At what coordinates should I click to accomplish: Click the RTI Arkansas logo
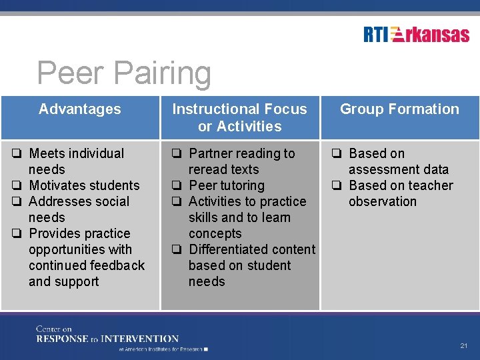click(x=416, y=35)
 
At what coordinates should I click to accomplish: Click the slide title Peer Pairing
click(x=124, y=73)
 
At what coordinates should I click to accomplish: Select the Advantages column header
click(x=80, y=109)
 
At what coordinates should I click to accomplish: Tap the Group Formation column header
click(x=399, y=109)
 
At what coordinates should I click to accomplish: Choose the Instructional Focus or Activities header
click(x=240, y=117)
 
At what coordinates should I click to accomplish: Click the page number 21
click(x=464, y=346)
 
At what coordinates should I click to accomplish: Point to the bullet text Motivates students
click(x=84, y=185)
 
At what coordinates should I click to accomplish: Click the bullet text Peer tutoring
click(x=227, y=185)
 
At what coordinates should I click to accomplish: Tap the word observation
click(x=382, y=201)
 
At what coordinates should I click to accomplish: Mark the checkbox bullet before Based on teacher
click(x=337, y=186)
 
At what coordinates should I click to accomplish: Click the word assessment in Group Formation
click(x=380, y=169)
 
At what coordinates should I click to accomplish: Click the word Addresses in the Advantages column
click(x=57, y=201)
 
